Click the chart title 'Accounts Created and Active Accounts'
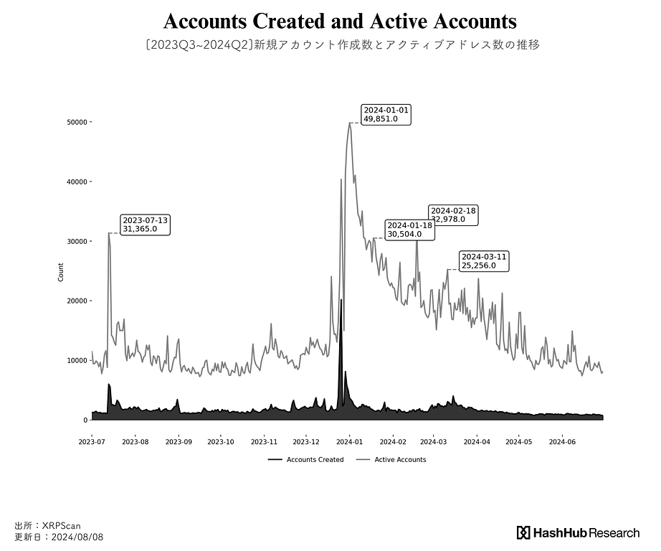point(340,21)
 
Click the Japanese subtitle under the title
point(341,44)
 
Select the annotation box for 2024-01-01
point(386,114)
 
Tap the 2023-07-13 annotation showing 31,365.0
point(146,225)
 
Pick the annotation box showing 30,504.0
point(409,230)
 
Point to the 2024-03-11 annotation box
point(484,261)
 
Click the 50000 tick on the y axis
point(77,122)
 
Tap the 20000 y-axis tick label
point(77,301)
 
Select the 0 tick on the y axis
point(85,420)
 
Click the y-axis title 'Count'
point(61,272)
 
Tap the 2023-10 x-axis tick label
point(221,442)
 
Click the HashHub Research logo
point(578,532)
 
